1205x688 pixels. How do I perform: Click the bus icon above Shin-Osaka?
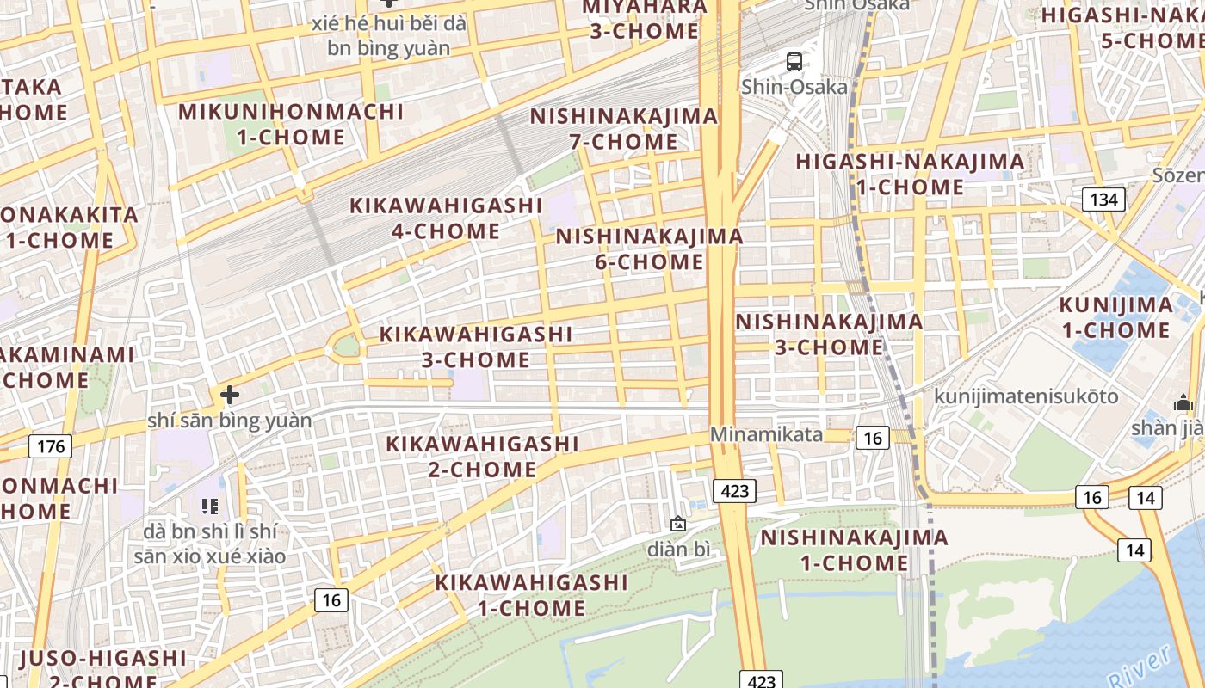(x=794, y=62)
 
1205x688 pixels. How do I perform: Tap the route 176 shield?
(x=51, y=446)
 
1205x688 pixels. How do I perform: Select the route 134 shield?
(x=1103, y=200)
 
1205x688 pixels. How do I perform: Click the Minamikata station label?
(x=766, y=435)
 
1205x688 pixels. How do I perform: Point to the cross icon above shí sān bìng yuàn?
(x=230, y=395)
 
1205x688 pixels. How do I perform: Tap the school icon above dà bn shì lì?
(x=210, y=506)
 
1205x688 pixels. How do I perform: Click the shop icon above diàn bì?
(x=678, y=523)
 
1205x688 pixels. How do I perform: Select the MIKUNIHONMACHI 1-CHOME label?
(x=291, y=124)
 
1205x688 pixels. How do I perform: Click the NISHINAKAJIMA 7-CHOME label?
(x=623, y=128)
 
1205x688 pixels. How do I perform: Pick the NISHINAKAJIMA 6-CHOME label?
(x=649, y=249)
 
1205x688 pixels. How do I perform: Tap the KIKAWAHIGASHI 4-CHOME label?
(x=446, y=218)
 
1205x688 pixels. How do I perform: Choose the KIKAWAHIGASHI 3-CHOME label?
(x=476, y=347)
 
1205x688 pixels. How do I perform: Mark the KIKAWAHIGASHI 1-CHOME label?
(x=531, y=595)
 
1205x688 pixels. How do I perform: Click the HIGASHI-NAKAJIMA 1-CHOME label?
(x=910, y=174)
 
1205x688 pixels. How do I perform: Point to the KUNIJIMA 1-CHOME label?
(x=1115, y=317)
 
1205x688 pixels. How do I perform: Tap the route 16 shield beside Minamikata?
(x=873, y=438)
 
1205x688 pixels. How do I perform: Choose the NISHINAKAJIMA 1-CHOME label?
(x=854, y=550)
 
